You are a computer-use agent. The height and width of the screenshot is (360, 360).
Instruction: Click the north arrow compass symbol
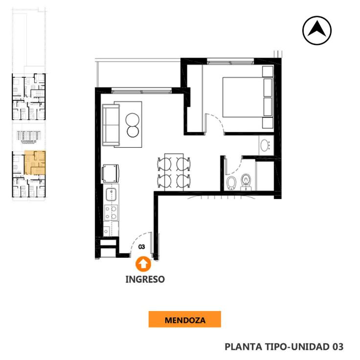click(x=317, y=30)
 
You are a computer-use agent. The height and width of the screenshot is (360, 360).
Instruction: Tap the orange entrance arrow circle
click(x=143, y=264)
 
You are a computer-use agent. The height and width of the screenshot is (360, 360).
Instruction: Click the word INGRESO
click(x=145, y=279)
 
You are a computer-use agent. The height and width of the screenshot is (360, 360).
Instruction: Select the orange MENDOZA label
click(x=185, y=319)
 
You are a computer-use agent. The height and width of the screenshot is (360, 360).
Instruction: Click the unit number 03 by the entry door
click(x=142, y=247)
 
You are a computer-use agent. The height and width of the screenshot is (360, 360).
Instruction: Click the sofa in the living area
click(x=111, y=125)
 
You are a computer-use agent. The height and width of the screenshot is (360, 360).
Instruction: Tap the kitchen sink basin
click(x=111, y=194)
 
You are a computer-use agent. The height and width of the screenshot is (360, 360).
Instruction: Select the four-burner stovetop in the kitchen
click(x=111, y=212)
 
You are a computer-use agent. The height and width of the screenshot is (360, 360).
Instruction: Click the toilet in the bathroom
click(x=246, y=182)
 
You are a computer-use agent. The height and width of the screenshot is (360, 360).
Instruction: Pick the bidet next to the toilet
click(x=231, y=183)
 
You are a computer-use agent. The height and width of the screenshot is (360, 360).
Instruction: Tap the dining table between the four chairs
click(x=174, y=172)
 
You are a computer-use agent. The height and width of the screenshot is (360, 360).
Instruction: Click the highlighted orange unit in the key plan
click(x=35, y=162)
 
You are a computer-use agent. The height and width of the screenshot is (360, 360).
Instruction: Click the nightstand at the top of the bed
click(x=268, y=71)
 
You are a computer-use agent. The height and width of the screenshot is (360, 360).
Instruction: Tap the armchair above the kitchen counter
click(x=111, y=174)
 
